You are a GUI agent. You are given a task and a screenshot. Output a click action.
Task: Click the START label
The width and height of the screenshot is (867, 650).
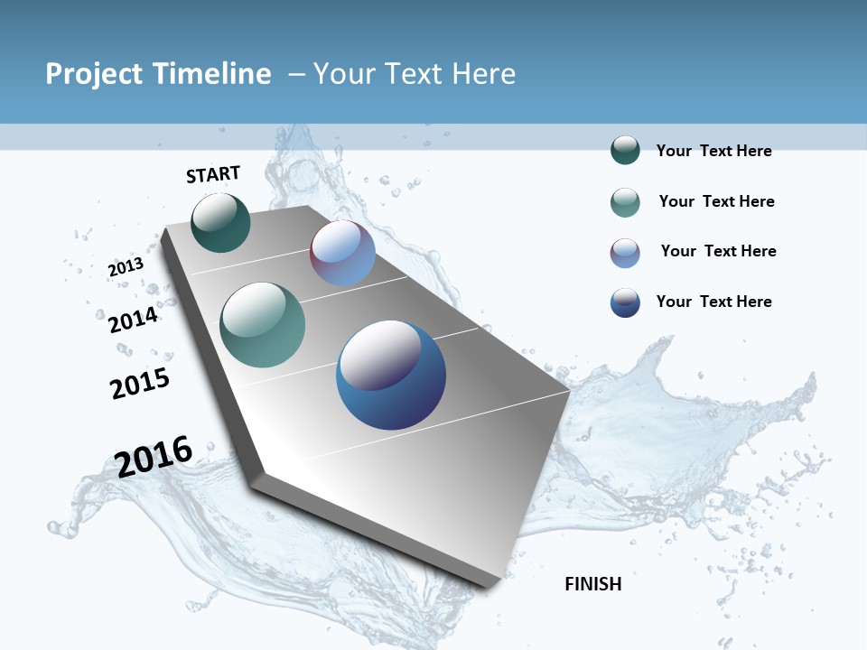pyautogui.click(x=213, y=174)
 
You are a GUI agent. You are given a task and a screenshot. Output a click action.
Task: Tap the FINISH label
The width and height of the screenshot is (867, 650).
pyautogui.click(x=593, y=584)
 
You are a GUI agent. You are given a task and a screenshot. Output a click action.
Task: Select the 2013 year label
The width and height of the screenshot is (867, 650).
pyautogui.click(x=126, y=267)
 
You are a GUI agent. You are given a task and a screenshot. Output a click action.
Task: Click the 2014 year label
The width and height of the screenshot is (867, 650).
pyautogui.click(x=134, y=320)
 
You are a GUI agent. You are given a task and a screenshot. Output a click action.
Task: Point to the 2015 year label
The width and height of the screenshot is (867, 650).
pyautogui.click(x=140, y=384)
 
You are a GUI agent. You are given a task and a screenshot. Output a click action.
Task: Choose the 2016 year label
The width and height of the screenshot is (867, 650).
pyautogui.click(x=154, y=457)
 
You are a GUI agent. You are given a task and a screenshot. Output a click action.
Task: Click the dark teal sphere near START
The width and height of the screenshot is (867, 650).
pyautogui.click(x=220, y=223)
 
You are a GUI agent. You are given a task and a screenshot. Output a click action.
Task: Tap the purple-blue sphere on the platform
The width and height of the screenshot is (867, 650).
pyautogui.click(x=342, y=254)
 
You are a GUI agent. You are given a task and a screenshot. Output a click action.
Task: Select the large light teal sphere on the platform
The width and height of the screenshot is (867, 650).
pyautogui.click(x=262, y=325)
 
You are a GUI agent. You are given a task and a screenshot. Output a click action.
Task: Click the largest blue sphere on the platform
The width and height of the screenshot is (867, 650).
pyautogui.click(x=391, y=375)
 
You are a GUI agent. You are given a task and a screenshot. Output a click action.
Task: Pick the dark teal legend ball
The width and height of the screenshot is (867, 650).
pyautogui.click(x=625, y=151)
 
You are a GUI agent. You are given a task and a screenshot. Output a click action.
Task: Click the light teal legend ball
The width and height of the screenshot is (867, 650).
pyautogui.click(x=625, y=202)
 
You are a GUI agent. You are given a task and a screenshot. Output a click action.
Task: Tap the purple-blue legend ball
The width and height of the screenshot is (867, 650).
pyautogui.click(x=625, y=253)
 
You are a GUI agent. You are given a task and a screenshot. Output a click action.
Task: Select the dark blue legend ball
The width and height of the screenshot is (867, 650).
pyautogui.click(x=625, y=302)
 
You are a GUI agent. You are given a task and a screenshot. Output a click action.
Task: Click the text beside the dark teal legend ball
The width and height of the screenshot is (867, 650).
pyautogui.click(x=713, y=151)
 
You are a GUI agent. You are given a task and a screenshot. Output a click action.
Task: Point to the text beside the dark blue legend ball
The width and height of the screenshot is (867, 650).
pyautogui.click(x=713, y=302)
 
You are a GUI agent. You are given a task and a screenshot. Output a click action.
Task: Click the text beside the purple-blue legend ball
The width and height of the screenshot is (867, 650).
pyautogui.click(x=718, y=251)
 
